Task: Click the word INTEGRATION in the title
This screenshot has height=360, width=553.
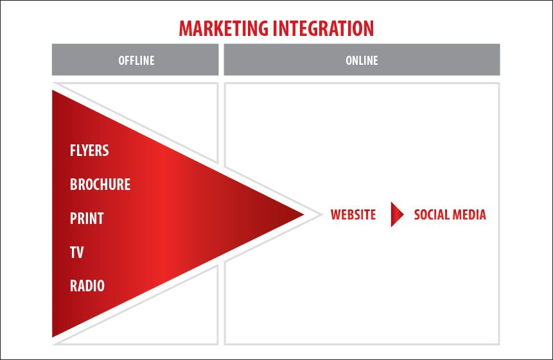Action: point(324,28)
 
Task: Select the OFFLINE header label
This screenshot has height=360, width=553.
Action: point(136,60)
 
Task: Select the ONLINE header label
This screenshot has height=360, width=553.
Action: point(362,60)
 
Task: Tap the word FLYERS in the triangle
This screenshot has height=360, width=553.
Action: point(89,150)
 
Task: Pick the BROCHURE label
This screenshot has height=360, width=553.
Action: point(100,184)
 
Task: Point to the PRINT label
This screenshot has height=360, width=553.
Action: point(87,218)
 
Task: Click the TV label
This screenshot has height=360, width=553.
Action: point(76,252)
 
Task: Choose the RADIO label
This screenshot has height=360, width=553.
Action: point(87,286)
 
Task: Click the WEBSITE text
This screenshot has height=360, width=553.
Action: point(353,214)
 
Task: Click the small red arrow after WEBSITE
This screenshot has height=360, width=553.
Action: point(396,214)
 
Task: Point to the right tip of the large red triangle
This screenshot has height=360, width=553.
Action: point(304,214)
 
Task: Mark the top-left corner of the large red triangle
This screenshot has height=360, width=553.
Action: point(52,90)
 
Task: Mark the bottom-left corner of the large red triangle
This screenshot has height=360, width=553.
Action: point(52,338)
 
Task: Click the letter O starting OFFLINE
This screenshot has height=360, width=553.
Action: point(121,60)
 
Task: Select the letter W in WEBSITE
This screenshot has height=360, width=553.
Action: point(336,214)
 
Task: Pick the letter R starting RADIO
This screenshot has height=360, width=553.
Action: point(73,286)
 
